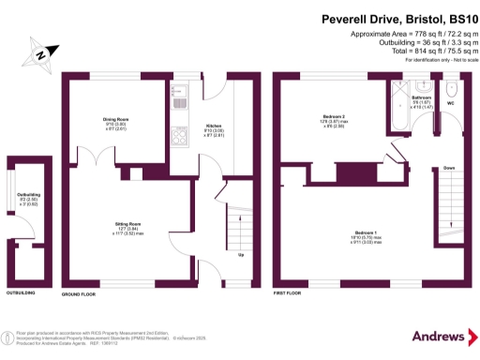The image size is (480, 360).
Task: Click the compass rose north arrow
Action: click(x=40, y=54)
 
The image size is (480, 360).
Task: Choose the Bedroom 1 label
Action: click(x=367, y=232)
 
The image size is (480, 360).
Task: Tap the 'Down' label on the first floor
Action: click(x=449, y=168)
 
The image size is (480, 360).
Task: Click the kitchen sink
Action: click(x=180, y=94)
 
